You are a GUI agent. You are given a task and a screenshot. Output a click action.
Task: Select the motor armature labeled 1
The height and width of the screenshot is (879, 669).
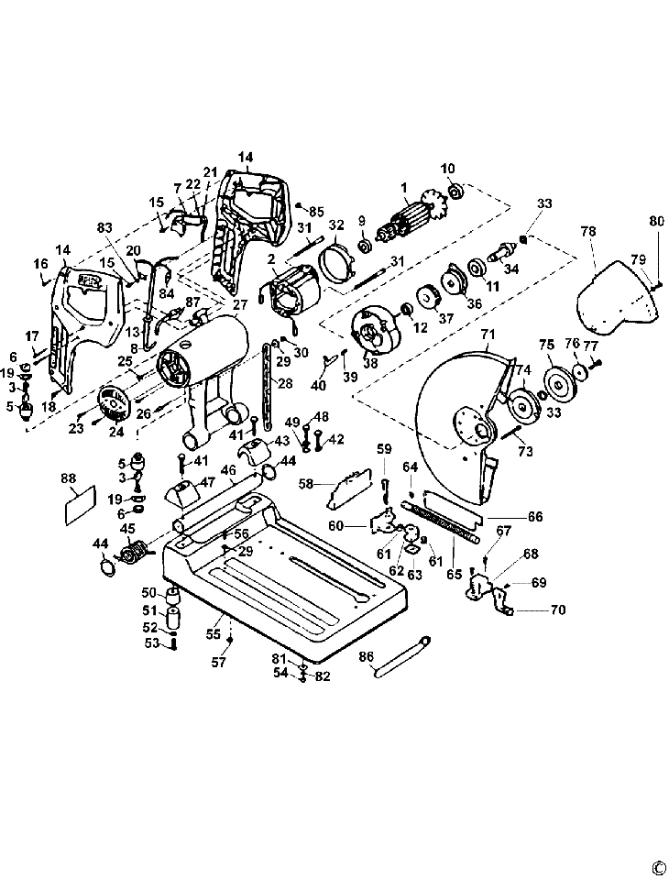(x=414, y=221)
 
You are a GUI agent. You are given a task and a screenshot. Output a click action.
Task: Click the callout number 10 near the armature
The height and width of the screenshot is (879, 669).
(x=447, y=169)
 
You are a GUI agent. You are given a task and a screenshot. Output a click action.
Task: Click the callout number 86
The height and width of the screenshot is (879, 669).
(x=367, y=656)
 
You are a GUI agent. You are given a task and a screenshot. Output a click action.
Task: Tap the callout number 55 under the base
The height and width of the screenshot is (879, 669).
(x=212, y=634)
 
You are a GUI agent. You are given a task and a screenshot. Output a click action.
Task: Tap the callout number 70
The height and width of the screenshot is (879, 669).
(x=557, y=610)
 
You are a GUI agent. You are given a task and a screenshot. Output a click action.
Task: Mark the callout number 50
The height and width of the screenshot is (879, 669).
(x=148, y=593)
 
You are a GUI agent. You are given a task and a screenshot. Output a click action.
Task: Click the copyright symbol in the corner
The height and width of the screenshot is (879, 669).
(x=657, y=866)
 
